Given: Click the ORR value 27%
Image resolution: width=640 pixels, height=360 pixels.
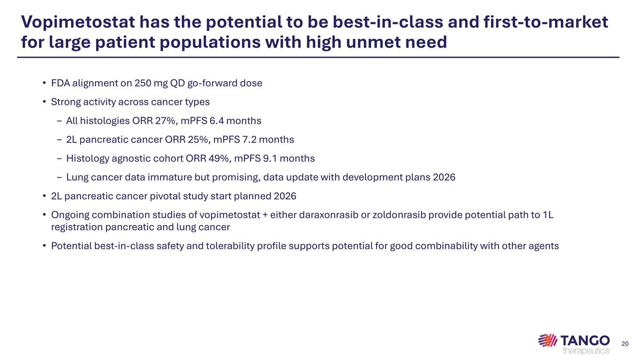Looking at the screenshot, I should tap(165, 121).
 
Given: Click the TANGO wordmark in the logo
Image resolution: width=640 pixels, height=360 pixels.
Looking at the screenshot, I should tap(586, 340).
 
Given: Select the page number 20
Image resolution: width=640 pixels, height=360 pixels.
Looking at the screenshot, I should tap(626, 343).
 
